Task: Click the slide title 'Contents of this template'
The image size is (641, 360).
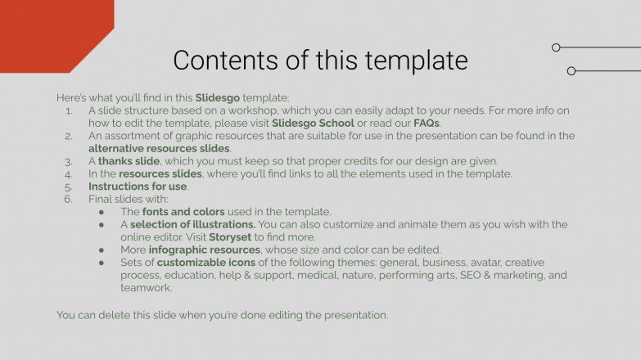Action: pos(320,61)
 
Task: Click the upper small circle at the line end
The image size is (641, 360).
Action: pos(556,47)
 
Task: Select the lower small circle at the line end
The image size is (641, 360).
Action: pos(571,71)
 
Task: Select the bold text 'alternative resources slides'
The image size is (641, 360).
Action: pos(159,148)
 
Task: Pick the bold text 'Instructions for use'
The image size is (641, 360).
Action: pos(138,186)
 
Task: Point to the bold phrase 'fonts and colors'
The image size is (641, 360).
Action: pos(183,211)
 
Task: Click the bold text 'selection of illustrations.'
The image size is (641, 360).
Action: pos(192,224)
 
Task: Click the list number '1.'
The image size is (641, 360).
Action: pos(69,110)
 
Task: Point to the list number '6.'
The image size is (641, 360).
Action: pos(69,199)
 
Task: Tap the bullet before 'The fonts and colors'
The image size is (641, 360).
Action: pos(102,212)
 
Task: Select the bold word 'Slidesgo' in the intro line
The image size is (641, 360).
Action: pos(219,97)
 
